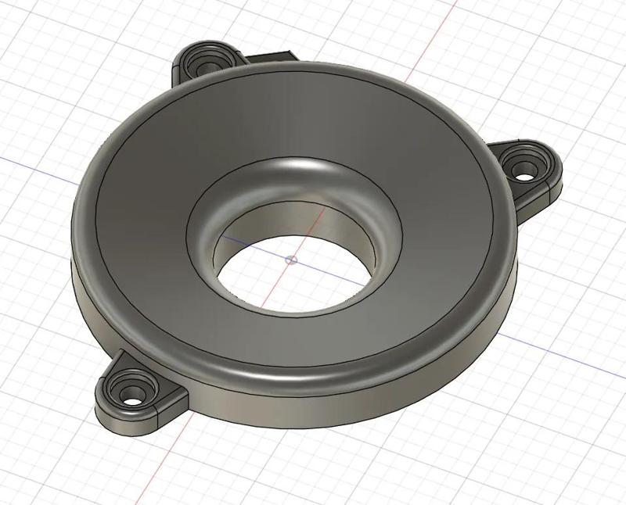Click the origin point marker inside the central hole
291,260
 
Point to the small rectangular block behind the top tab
270,56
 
